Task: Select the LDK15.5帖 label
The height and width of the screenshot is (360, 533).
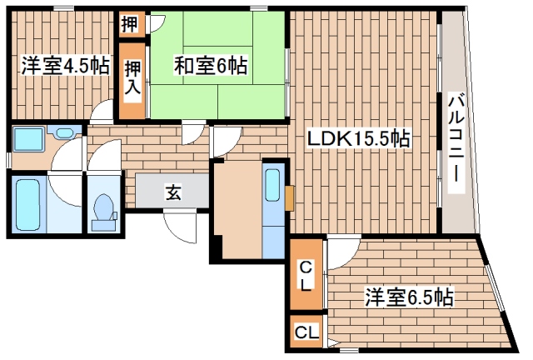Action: (359, 138)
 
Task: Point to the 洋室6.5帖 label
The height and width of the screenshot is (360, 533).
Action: (408, 296)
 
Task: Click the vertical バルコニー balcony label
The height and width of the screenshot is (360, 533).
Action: (456, 142)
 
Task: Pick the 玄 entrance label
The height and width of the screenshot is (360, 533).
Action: (173, 194)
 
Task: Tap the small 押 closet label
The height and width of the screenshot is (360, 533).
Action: (128, 23)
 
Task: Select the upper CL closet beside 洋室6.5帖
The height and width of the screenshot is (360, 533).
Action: (306, 273)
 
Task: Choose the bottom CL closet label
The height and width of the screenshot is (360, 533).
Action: (306, 332)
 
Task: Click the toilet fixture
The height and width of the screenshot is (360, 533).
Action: (103, 210)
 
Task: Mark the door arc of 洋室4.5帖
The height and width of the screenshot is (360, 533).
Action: (102, 111)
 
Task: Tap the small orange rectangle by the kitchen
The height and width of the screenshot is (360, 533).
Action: (288, 197)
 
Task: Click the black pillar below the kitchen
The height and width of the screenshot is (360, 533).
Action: (216, 248)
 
